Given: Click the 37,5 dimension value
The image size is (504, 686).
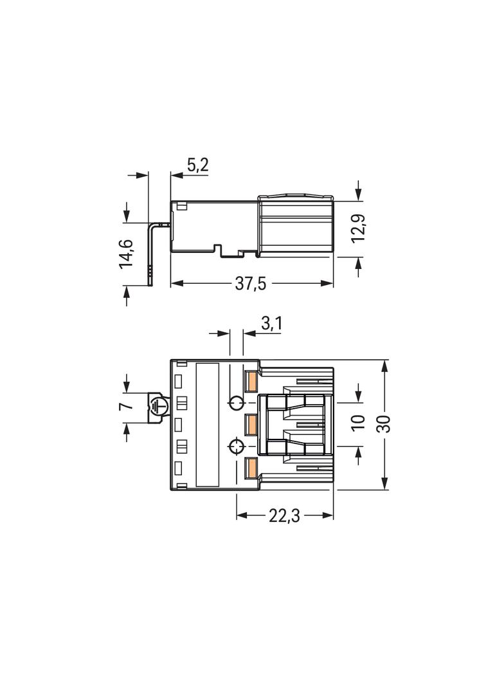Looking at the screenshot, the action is [251, 284].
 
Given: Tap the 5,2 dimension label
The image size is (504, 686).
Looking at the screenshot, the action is [197, 165].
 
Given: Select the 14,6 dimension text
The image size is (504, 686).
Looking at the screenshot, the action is [127, 254].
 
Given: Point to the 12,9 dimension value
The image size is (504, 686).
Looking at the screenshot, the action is [359, 229].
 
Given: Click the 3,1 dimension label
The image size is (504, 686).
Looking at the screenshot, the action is [271, 324].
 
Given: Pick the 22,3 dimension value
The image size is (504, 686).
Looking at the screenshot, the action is [284, 516].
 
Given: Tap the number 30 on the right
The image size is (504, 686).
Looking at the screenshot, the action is [383, 423].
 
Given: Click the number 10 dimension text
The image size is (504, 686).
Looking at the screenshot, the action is [358, 423].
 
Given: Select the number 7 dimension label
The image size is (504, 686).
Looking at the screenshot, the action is [127, 406].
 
